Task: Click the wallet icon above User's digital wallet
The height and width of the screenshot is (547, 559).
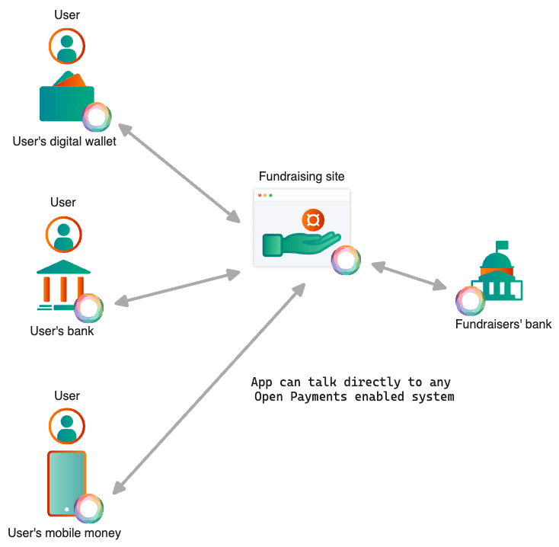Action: (67, 101)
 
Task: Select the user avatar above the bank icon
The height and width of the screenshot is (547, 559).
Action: (63, 235)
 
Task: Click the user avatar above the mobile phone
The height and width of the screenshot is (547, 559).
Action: (67, 426)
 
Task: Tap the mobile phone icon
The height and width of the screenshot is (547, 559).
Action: (67, 484)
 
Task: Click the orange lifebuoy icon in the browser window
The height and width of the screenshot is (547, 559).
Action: (313, 220)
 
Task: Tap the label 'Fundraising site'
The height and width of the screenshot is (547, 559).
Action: (302, 177)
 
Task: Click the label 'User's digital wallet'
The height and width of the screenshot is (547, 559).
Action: (65, 142)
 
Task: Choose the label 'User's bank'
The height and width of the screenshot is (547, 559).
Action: (62, 331)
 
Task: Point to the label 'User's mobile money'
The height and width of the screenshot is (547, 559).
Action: (65, 533)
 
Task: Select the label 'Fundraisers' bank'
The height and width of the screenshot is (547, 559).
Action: (503, 325)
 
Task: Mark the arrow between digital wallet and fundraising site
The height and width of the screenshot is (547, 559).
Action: (180, 173)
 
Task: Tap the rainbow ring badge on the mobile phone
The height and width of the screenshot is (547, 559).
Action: (89, 508)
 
